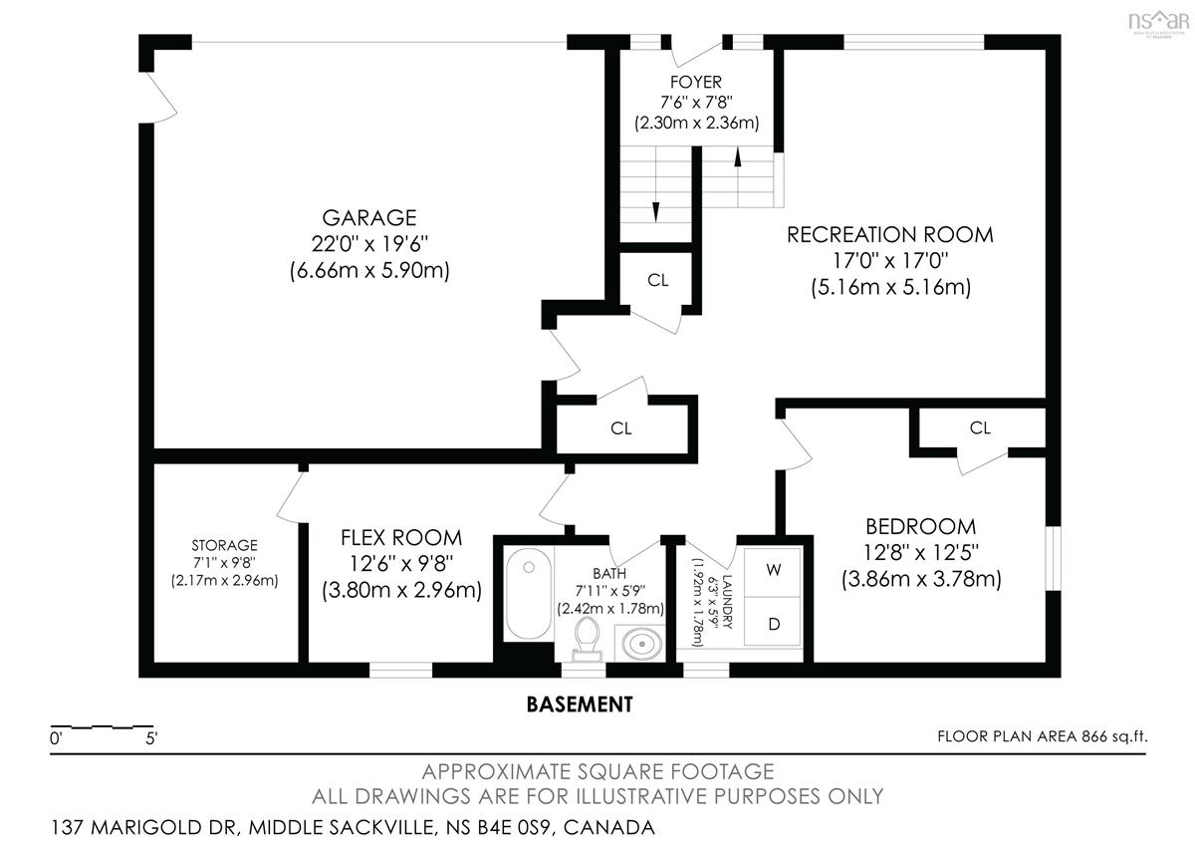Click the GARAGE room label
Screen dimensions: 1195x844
coord(369,218)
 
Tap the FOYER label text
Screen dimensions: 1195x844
coord(696,83)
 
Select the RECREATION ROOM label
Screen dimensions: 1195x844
coord(890,235)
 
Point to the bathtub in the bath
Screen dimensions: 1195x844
coord(528,593)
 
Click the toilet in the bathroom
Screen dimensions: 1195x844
coord(587,640)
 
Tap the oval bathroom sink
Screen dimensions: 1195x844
coord(641,644)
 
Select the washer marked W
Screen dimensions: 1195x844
coord(773,571)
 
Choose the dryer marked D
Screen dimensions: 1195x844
coord(773,623)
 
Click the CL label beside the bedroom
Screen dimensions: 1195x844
coord(980,427)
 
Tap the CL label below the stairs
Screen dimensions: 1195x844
coord(657,280)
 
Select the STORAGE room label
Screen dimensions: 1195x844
coord(225,545)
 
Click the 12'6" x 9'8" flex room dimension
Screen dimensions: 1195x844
coord(401,564)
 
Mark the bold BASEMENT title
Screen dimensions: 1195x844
coord(580,704)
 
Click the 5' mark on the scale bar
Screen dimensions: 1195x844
coord(151,738)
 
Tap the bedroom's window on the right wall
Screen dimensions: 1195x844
coord(1054,558)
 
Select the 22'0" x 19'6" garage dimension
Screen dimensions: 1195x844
coord(369,244)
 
